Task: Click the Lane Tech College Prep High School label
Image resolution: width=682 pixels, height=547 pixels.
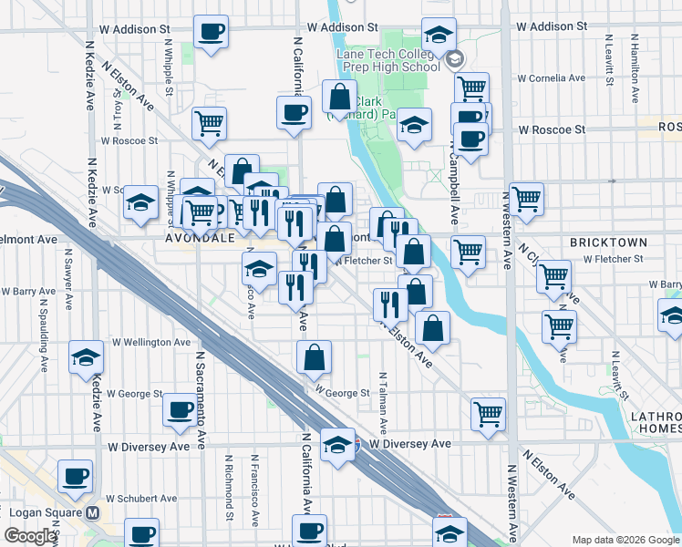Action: (388, 60)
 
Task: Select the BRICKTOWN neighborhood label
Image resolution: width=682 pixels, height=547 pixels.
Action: (608, 243)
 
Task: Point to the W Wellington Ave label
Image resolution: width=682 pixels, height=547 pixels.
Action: (151, 342)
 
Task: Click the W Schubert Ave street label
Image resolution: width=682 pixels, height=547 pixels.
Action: (139, 499)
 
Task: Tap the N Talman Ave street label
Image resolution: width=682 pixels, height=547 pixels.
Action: (383, 402)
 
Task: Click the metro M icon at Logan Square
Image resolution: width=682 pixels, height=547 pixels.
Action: (92, 512)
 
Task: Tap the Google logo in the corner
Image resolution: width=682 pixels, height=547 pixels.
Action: (29, 536)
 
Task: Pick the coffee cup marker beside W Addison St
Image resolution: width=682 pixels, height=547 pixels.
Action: (212, 33)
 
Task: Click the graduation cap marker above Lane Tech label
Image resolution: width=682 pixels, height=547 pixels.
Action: (439, 35)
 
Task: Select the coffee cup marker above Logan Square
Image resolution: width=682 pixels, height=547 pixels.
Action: (75, 474)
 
